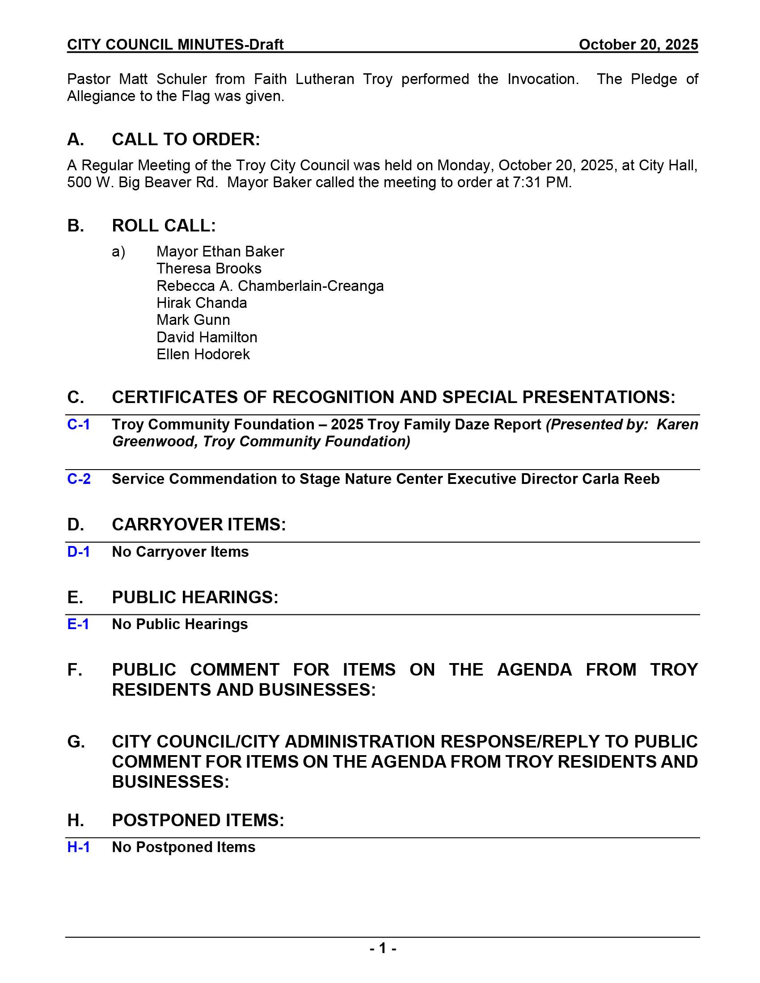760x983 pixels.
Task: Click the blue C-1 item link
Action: pos(78,424)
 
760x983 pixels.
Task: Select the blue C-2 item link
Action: pos(79,479)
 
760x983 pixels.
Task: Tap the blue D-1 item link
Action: pos(78,552)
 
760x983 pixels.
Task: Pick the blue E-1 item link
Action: pos(78,624)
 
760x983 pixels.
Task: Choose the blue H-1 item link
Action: pos(78,848)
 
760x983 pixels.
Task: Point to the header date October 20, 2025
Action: pos(638,45)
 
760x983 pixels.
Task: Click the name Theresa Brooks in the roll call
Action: pos(209,269)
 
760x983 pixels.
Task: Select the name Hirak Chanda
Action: pos(202,303)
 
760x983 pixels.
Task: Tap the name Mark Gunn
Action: pos(193,320)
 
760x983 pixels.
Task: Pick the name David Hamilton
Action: pos(207,337)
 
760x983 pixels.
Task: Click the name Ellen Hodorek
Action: pos(203,355)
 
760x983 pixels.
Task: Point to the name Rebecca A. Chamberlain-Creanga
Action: pos(270,286)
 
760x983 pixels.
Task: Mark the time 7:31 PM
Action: pos(541,182)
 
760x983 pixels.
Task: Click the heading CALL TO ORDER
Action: pos(186,139)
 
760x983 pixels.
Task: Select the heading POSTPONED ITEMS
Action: pos(198,820)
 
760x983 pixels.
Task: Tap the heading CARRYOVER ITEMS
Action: pos(198,525)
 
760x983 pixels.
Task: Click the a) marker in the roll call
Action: pos(118,252)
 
